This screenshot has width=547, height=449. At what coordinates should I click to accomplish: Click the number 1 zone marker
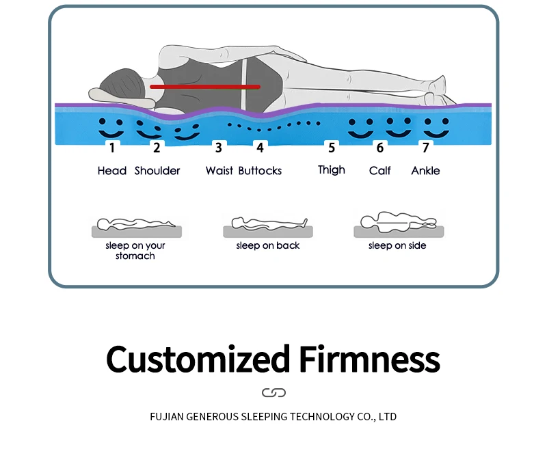point(111,147)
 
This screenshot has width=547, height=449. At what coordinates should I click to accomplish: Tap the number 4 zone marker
point(260,147)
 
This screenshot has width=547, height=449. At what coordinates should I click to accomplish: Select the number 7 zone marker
point(425,147)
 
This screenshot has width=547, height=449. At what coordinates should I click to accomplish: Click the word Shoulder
point(157,170)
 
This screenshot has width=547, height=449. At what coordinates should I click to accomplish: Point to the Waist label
point(219,170)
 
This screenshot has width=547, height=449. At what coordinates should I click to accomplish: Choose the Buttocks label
point(260,170)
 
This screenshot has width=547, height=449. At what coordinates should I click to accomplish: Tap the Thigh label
point(332,169)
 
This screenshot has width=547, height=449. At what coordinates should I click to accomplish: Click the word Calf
point(380,170)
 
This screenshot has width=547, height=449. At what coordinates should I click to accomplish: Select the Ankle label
point(425,170)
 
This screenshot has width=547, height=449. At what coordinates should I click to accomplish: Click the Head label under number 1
point(112,170)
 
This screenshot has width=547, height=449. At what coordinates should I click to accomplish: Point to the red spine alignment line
point(205,87)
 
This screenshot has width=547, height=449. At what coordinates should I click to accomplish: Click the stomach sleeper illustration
point(135,226)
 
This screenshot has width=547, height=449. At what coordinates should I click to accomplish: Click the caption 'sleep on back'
point(268,245)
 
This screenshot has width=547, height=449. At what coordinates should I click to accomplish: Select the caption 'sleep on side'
point(397,245)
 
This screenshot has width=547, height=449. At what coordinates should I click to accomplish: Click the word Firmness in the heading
point(369,359)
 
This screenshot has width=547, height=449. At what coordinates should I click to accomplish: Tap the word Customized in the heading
point(198,359)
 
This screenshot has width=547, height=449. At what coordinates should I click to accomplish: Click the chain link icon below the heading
point(273,392)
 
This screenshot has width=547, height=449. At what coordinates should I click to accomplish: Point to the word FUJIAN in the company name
point(166,416)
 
